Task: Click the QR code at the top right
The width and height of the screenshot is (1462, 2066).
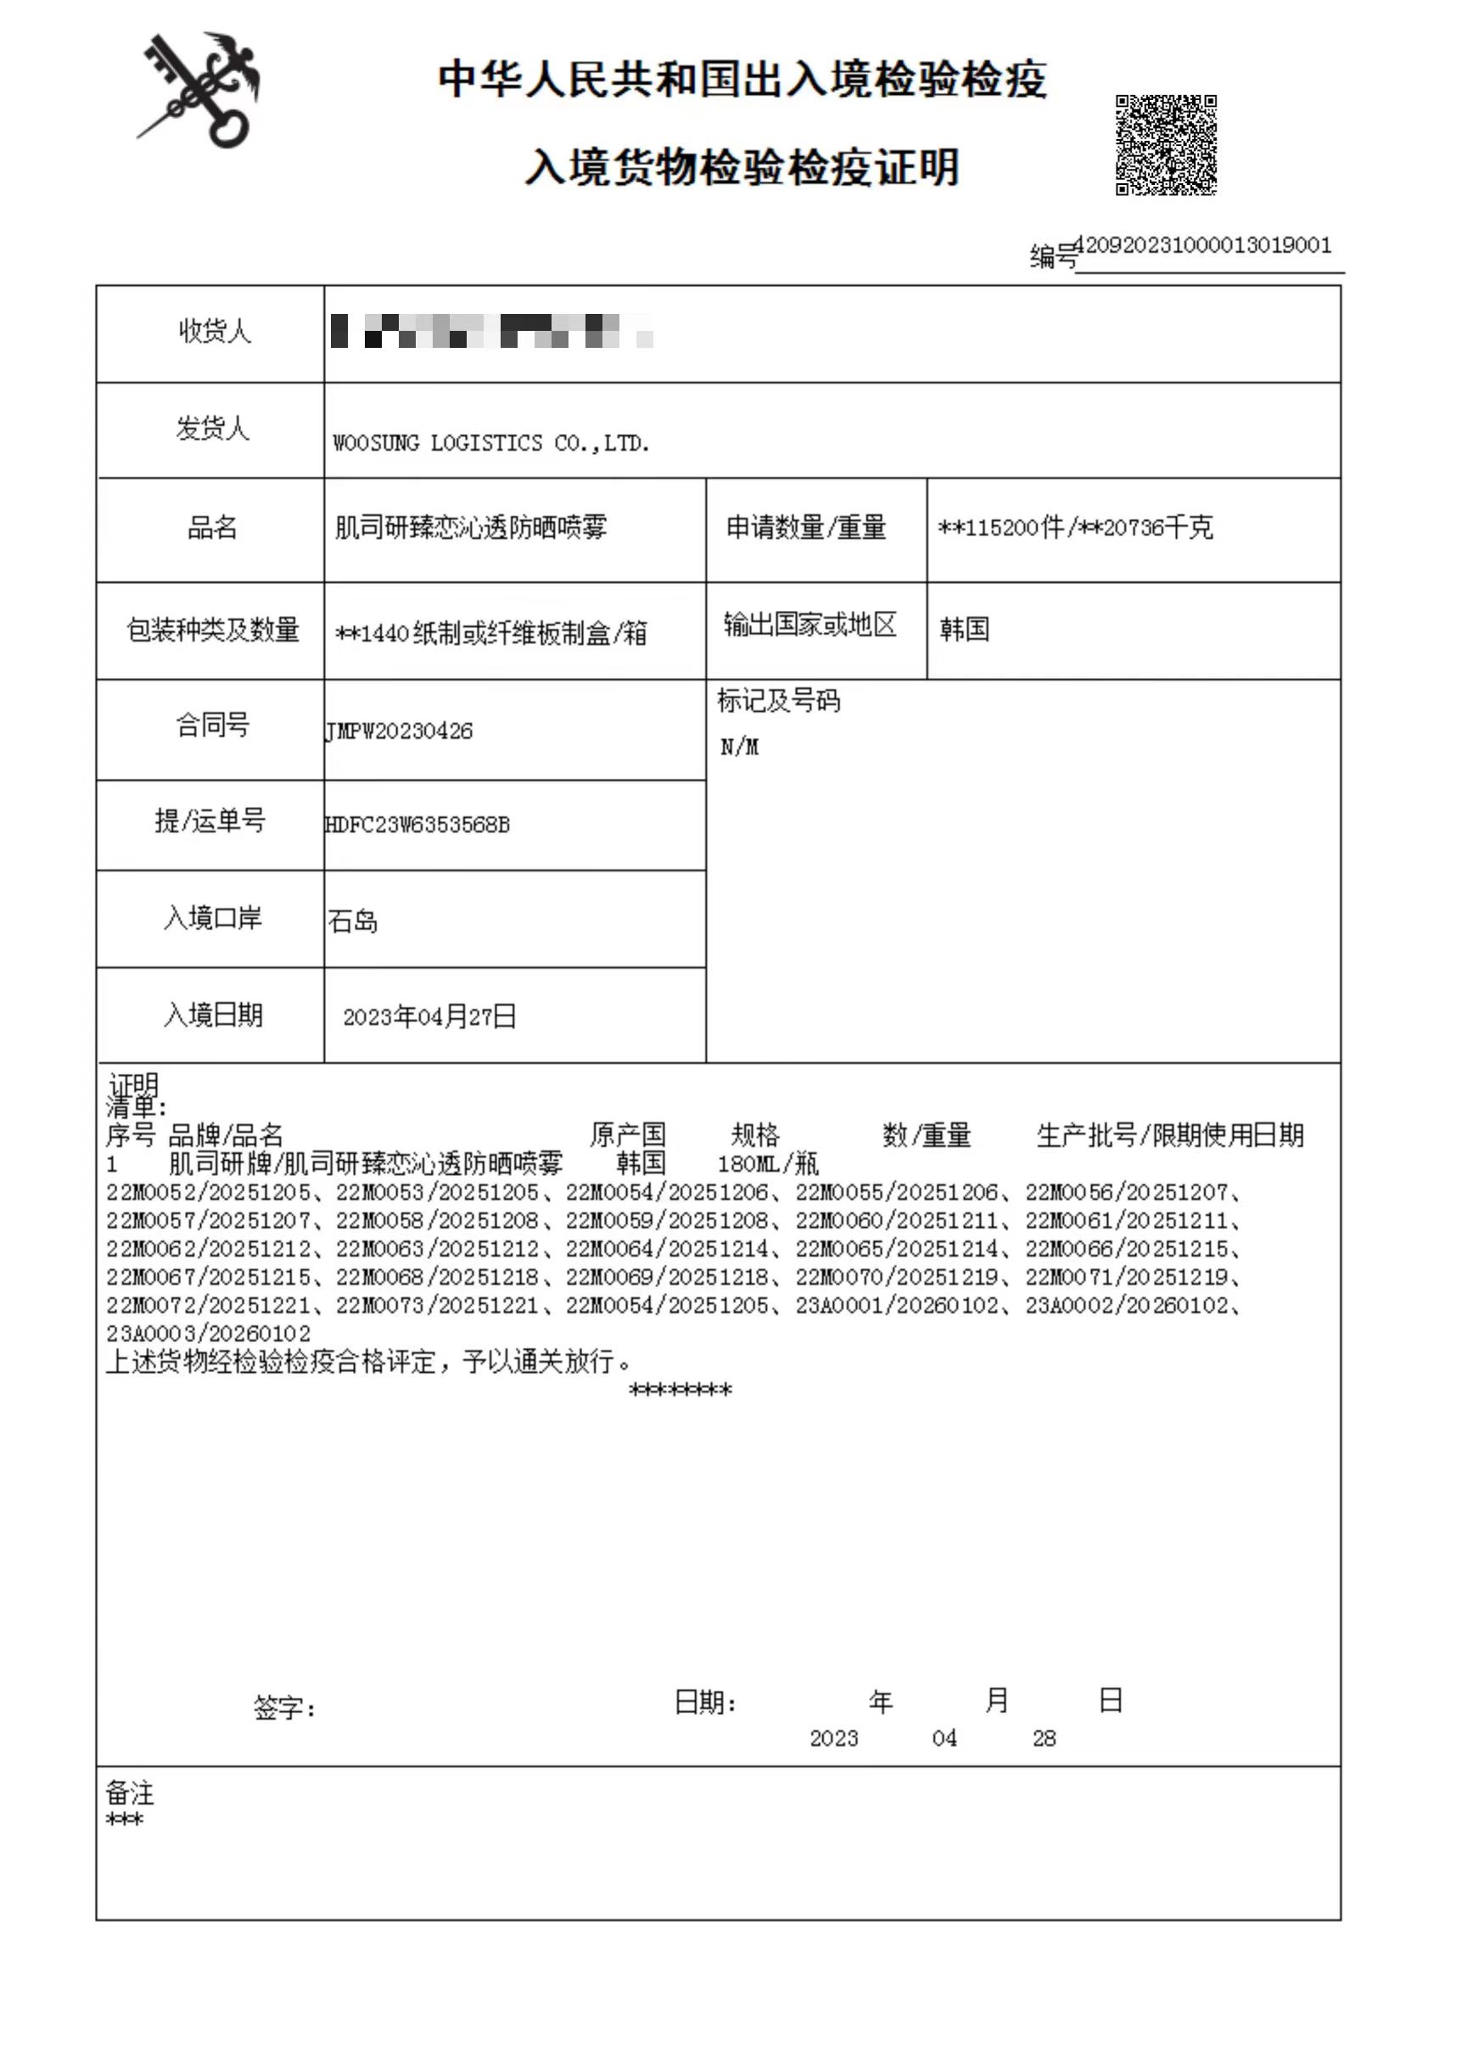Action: click(1166, 145)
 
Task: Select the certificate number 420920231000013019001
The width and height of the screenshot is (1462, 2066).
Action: click(1202, 246)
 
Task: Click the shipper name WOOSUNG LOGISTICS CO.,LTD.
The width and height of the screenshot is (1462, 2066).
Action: click(490, 443)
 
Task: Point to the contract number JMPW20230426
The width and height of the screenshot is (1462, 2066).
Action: click(399, 731)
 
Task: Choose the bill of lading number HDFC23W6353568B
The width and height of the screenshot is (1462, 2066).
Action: click(417, 825)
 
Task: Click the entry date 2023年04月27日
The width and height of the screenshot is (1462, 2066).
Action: click(429, 1016)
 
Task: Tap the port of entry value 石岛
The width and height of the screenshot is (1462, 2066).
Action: click(353, 921)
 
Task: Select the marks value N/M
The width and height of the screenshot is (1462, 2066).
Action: click(739, 747)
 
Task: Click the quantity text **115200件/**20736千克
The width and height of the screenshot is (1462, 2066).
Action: click(1075, 528)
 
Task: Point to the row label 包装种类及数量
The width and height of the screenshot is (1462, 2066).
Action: click(212, 630)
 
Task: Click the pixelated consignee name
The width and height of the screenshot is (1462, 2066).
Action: click(490, 331)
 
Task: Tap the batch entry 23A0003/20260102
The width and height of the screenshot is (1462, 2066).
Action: click(208, 1333)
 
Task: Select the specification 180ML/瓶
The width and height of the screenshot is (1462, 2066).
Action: click(768, 1164)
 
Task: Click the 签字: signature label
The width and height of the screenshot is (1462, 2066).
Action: click(284, 1708)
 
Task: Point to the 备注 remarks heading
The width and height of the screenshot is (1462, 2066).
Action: click(130, 1794)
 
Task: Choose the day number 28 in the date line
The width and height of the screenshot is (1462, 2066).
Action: click(1044, 1738)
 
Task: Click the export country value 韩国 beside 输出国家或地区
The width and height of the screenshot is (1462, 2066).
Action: click(964, 629)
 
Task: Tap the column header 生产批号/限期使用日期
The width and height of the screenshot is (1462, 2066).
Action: click(1169, 1135)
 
